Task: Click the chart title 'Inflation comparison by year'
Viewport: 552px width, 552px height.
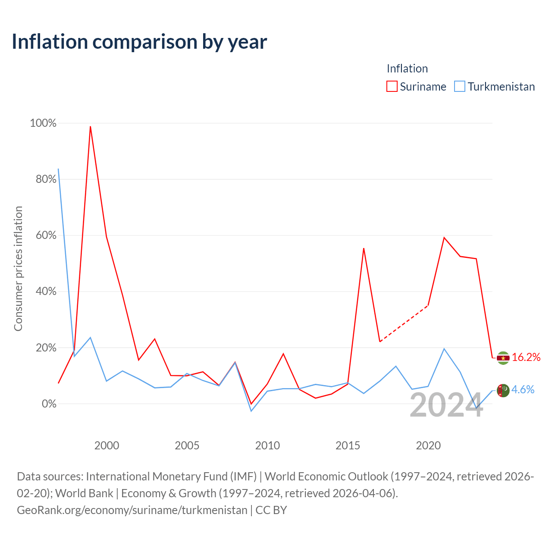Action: tap(139, 42)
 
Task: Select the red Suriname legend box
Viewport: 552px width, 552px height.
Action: tap(392, 86)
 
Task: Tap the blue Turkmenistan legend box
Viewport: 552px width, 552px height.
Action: tap(459, 86)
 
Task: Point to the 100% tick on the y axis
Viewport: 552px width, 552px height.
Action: tap(43, 123)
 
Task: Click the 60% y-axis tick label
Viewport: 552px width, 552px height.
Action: tap(46, 235)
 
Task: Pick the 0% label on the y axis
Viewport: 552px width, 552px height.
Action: tap(49, 404)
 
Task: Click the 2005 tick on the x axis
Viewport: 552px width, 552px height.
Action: tap(187, 446)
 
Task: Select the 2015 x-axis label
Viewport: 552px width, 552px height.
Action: tap(348, 446)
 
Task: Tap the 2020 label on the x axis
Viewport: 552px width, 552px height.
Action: tap(428, 446)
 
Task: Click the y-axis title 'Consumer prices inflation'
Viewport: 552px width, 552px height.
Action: tap(18, 269)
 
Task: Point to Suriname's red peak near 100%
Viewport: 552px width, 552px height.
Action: tap(91, 127)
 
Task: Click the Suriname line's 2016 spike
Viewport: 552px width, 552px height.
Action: tap(364, 248)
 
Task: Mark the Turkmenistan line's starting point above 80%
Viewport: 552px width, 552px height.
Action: tap(59, 169)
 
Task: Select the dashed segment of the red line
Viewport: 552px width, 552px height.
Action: tap(404, 323)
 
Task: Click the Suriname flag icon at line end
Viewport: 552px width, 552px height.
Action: tap(503, 358)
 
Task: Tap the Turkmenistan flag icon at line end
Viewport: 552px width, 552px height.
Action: tap(503, 390)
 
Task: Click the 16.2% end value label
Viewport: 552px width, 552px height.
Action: tap(526, 357)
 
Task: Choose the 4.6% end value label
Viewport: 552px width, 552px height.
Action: tap(523, 389)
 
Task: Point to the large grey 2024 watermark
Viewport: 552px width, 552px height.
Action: tap(446, 405)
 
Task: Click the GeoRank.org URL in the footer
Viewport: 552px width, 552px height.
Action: tap(132, 510)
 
